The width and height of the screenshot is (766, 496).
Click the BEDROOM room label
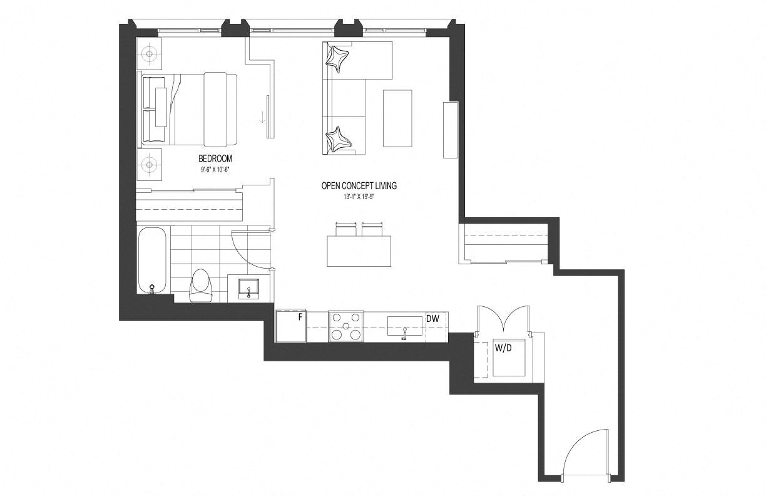coord(215,158)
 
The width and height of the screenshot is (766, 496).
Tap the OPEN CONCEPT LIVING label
coord(359,186)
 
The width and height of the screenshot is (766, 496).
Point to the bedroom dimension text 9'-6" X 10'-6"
coord(215,170)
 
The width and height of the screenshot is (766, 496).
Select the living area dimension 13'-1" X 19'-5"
coord(359,197)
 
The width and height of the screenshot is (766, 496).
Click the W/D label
coord(503,348)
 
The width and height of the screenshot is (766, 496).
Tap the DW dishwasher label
coord(432,319)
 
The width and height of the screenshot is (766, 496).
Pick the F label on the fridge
coord(300,317)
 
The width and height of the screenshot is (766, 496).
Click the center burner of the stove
coord(345,326)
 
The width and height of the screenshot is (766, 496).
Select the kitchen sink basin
coord(405,326)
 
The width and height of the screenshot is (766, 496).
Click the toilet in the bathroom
coord(200,286)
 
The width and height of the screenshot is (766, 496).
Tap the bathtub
coord(153,260)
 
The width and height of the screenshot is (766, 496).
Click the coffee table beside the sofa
coord(397,118)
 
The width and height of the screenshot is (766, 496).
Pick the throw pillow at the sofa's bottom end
coord(338,140)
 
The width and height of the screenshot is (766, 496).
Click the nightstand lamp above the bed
coord(149,54)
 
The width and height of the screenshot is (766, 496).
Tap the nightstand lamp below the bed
coord(149,165)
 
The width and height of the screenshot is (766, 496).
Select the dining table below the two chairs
coord(359,251)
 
